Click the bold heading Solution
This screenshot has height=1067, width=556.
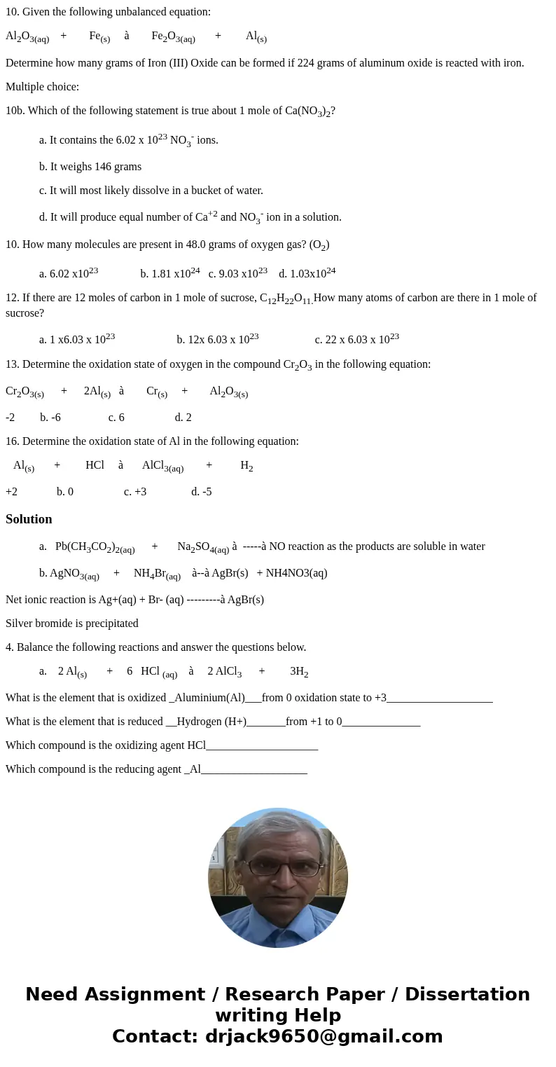click(29, 519)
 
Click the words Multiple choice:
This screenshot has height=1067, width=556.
click(42, 87)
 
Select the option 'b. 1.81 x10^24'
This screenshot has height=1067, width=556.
click(170, 273)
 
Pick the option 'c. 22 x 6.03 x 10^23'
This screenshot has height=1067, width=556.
click(356, 339)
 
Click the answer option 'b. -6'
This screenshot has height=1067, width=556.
click(50, 418)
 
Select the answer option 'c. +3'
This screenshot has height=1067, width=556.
click(135, 492)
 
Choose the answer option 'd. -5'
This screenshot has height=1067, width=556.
click(201, 492)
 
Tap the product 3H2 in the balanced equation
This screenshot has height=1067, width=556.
click(299, 672)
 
